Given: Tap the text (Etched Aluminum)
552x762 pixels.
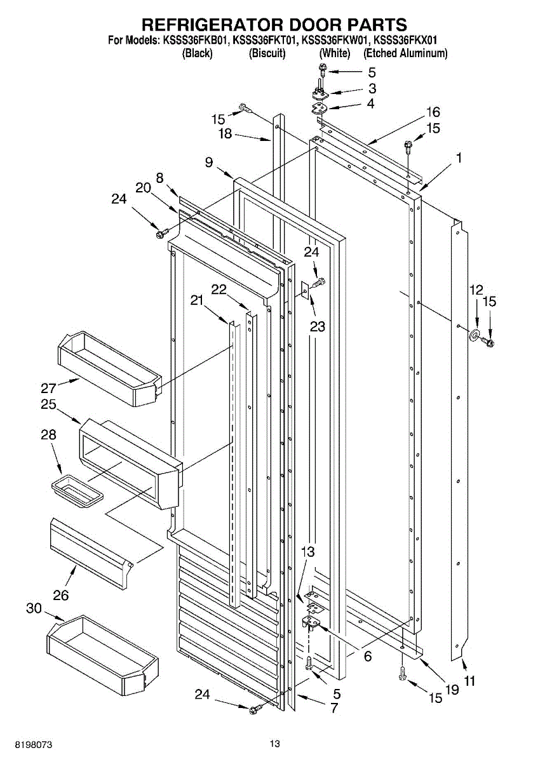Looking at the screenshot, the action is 405,53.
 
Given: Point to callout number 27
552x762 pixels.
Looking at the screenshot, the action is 49,388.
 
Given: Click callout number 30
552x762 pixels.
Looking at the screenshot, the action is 34,608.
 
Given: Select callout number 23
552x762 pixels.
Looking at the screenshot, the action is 318,326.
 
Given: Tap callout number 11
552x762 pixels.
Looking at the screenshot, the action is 469,688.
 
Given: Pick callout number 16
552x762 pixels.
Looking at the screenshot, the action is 433,112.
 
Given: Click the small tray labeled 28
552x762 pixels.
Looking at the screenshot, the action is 77,491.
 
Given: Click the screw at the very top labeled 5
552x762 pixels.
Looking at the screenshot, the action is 322,70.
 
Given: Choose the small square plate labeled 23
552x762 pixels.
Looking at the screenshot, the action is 305,290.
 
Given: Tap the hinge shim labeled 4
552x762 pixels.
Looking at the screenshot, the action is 320,107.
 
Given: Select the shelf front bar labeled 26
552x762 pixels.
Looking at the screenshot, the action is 91,554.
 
